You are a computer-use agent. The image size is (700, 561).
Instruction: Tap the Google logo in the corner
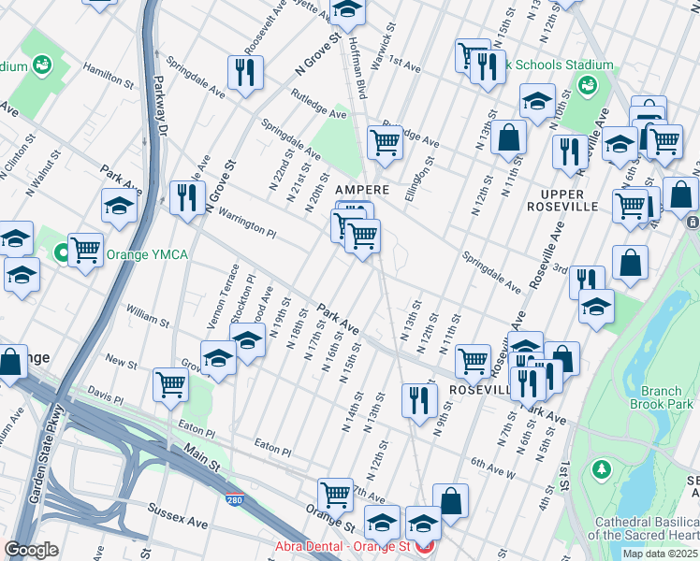coord(32,550)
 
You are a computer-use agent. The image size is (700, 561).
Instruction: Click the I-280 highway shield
coord(232,501)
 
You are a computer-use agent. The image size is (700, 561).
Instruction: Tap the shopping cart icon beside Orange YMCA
coord(85,250)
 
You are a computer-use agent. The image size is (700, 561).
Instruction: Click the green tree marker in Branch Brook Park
coord(602,467)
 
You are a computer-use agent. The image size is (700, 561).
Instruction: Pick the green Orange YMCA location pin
coord(63,252)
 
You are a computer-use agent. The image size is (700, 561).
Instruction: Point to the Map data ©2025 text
coord(660,554)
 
